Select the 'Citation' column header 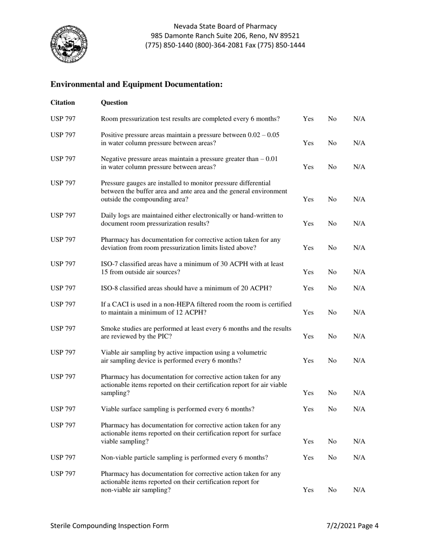click(62, 103)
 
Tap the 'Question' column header click(114, 103)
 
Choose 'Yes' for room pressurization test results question click(308, 119)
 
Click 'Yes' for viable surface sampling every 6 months click(308, 409)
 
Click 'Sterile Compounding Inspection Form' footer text click(110, 525)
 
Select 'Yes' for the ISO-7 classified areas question click(308, 272)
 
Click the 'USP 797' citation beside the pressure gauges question click(63, 183)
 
